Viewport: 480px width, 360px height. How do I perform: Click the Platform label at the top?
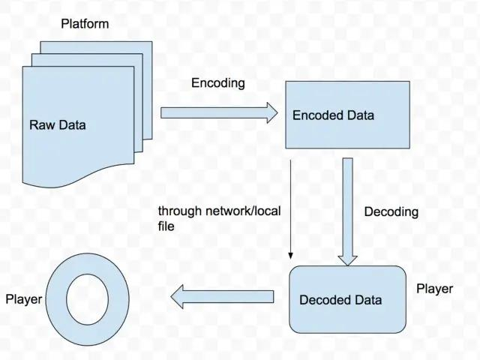pyautogui.click(x=84, y=24)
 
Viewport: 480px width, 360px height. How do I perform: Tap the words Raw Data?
pyautogui.click(x=58, y=124)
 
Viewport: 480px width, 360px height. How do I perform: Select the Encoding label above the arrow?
pyautogui.click(x=217, y=83)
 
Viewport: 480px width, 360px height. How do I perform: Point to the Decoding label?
pyautogui.click(x=391, y=212)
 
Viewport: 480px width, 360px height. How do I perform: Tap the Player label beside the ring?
pyautogui.click(x=23, y=300)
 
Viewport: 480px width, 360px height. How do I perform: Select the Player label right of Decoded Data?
pyautogui.click(x=434, y=289)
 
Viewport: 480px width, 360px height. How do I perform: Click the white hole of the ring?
pyautogui.click(x=88, y=299)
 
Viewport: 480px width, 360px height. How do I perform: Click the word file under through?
pyautogui.click(x=166, y=226)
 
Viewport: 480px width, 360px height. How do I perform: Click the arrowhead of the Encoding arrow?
pyautogui.click(x=269, y=113)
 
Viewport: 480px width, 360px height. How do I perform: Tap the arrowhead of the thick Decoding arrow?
pyautogui.click(x=346, y=259)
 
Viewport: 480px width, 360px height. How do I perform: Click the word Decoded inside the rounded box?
pyautogui.click(x=325, y=300)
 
